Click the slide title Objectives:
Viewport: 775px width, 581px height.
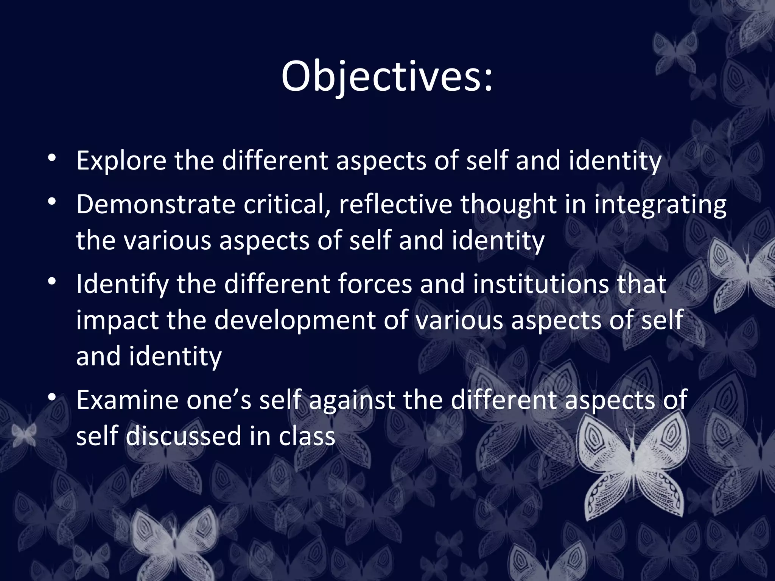[387, 77]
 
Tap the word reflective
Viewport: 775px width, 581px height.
[395, 205]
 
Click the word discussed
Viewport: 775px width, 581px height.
[184, 436]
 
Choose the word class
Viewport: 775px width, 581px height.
[307, 436]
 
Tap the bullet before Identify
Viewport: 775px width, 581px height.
[52, 281]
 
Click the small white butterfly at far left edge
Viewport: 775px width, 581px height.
[24, 434]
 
